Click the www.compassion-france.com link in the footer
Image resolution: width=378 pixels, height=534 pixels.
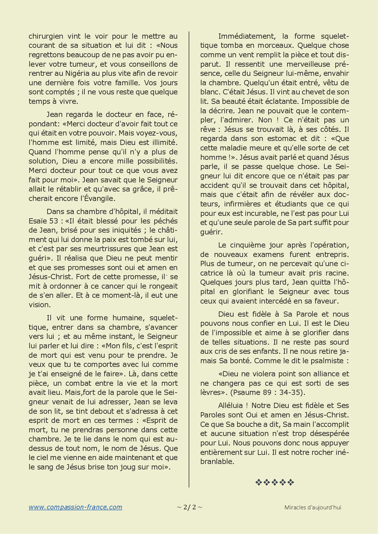(x=75, y=507)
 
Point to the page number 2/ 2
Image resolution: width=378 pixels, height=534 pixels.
(x=189, y=507)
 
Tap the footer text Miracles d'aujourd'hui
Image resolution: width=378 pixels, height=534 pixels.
(x=312, y=508)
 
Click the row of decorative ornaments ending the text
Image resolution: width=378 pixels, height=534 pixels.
(x=274, y=482)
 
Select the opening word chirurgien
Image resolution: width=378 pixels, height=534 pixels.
(x=46, y=36)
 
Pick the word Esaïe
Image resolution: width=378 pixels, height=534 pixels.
(x=39, y=221)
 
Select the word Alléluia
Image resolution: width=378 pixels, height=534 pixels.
(x=230, y=406)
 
